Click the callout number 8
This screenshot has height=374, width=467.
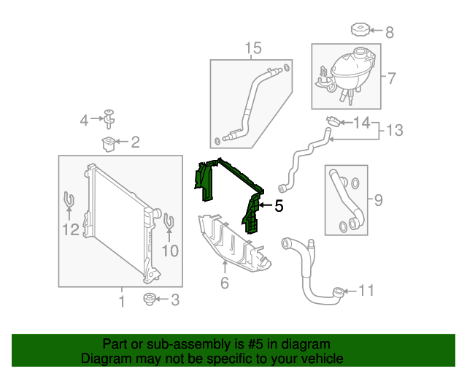tap(389, 31)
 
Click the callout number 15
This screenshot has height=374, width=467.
tap(252, 49)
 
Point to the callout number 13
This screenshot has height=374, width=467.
tap(394, 130)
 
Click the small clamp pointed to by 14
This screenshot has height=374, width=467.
tap(331, 119)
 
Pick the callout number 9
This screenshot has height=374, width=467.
tap(378, 199)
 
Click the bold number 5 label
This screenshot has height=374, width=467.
tap(278, 207)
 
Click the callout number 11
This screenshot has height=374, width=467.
tap(366, 291)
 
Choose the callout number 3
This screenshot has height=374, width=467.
tap(174, 299)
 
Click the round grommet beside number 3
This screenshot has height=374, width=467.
tap(151, 298)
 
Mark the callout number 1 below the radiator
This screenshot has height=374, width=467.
tap(122, 300)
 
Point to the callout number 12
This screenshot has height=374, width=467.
tap(69, 231)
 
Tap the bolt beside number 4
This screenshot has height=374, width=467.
tap(109, 117)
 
